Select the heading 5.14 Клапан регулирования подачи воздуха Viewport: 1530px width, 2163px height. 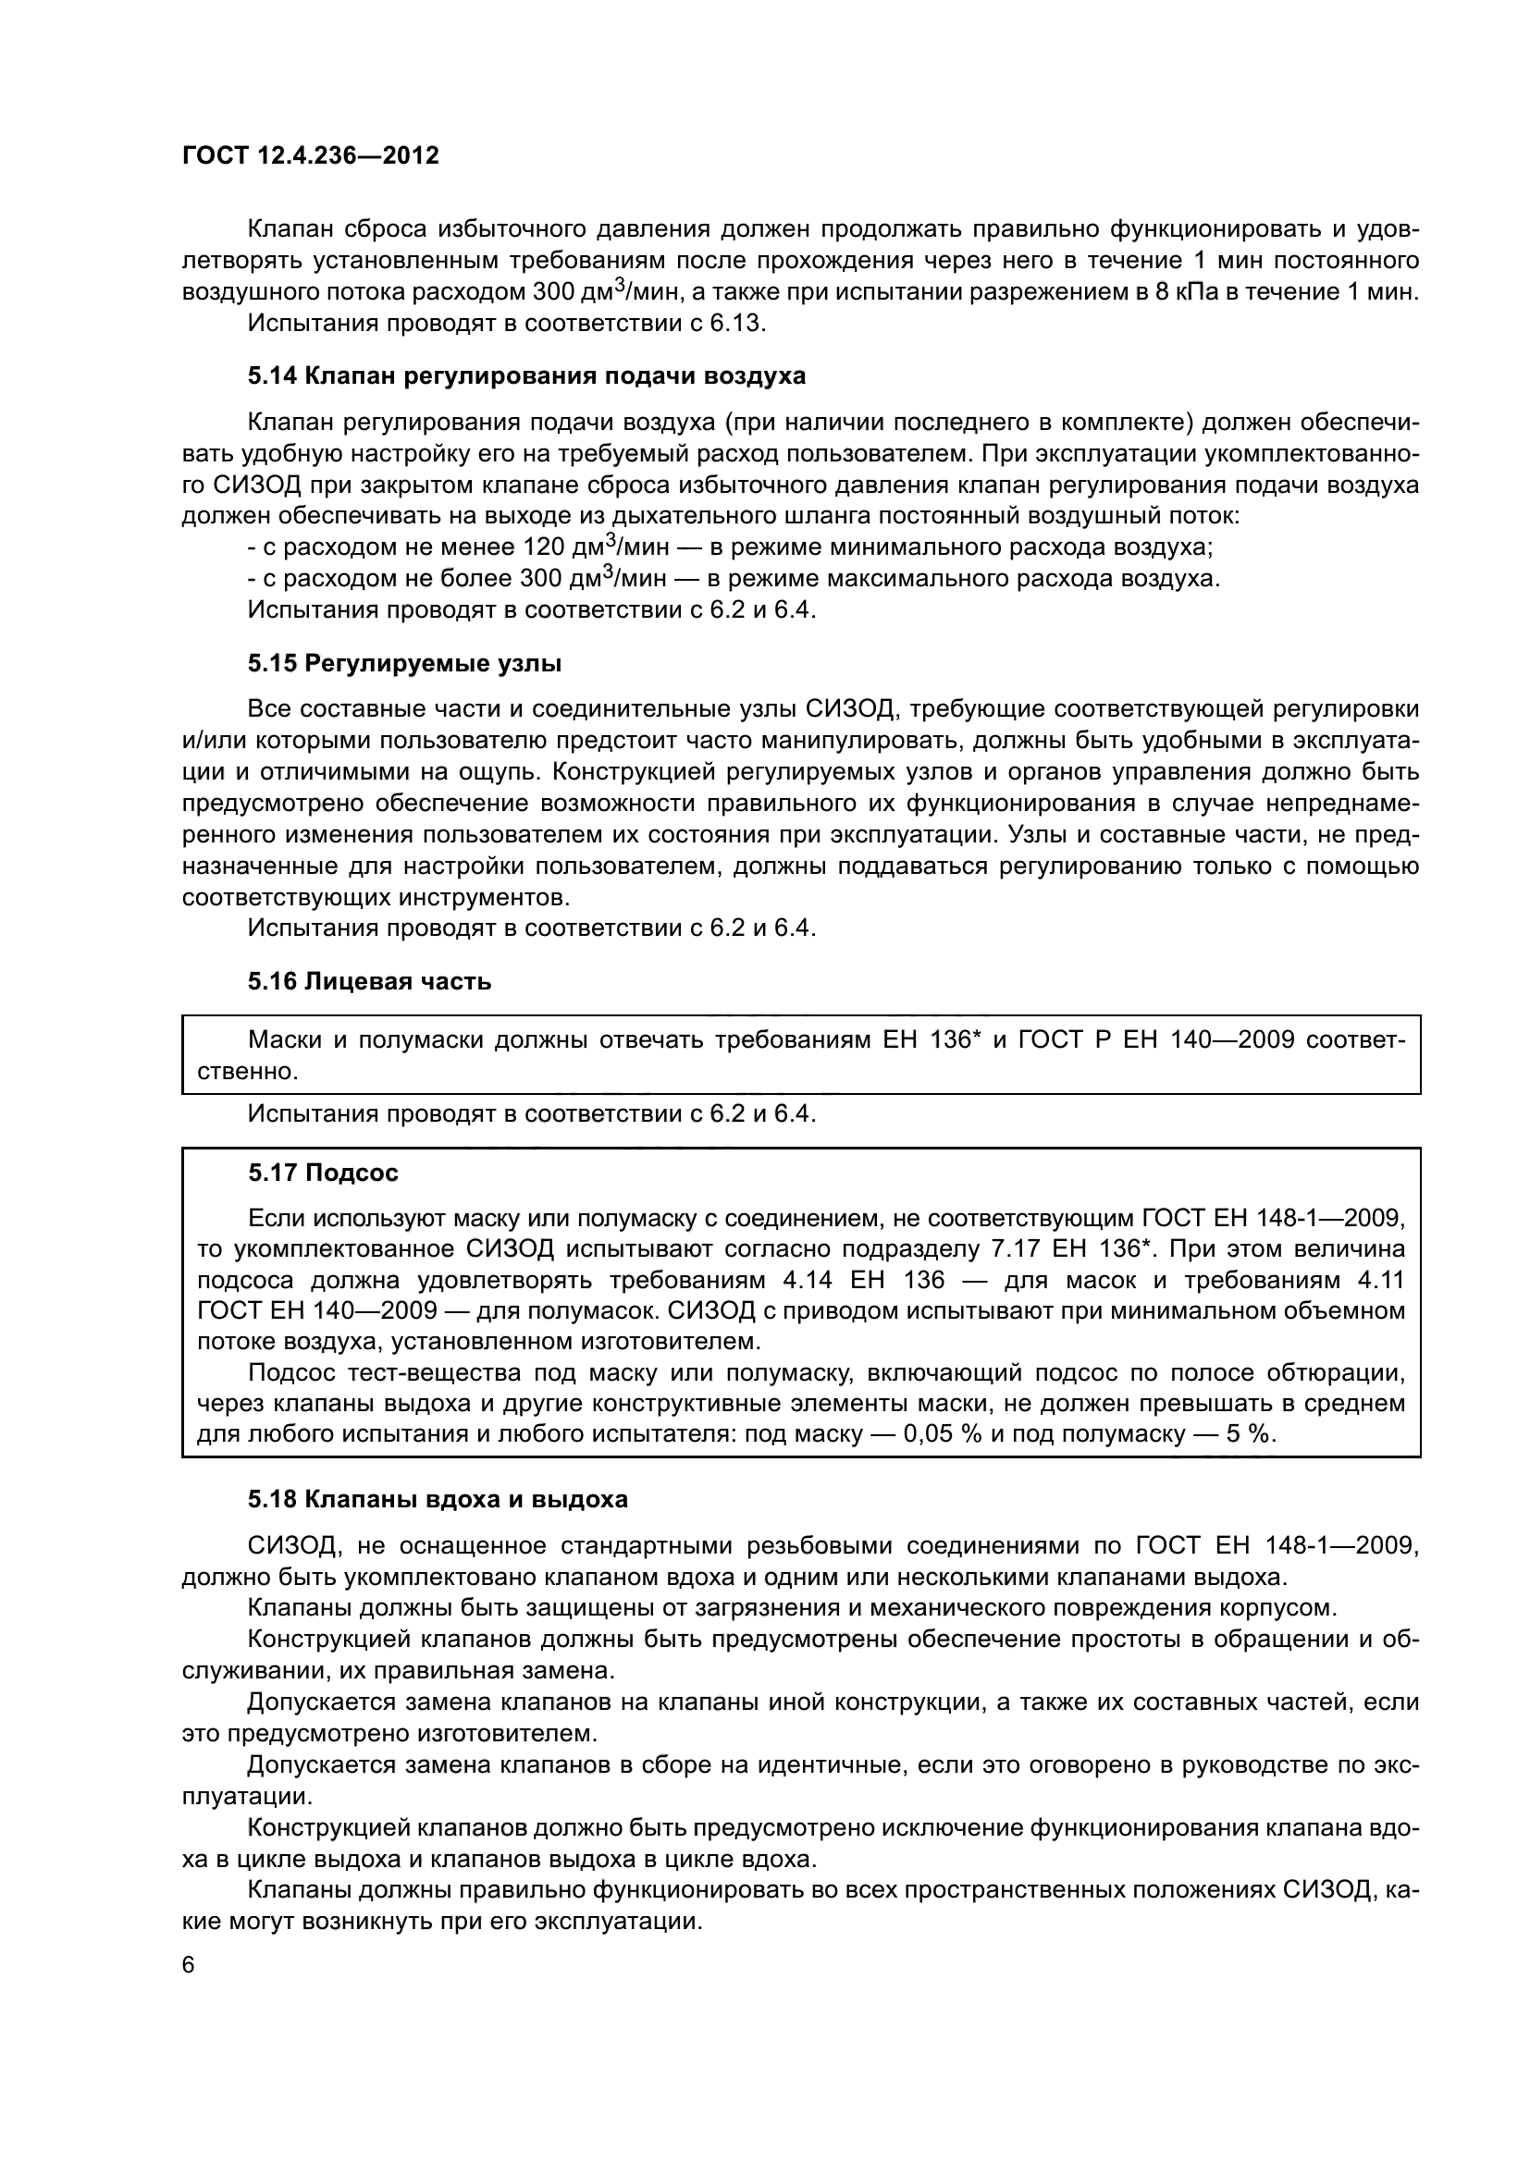tap(526, 375)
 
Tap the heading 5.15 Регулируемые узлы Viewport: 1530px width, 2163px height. tap(404, 663)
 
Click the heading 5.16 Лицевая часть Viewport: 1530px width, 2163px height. tap(369, 982)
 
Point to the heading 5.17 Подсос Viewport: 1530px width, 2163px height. tap(323, 1173)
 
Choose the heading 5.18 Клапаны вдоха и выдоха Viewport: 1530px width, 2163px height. tap(438, 1499)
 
